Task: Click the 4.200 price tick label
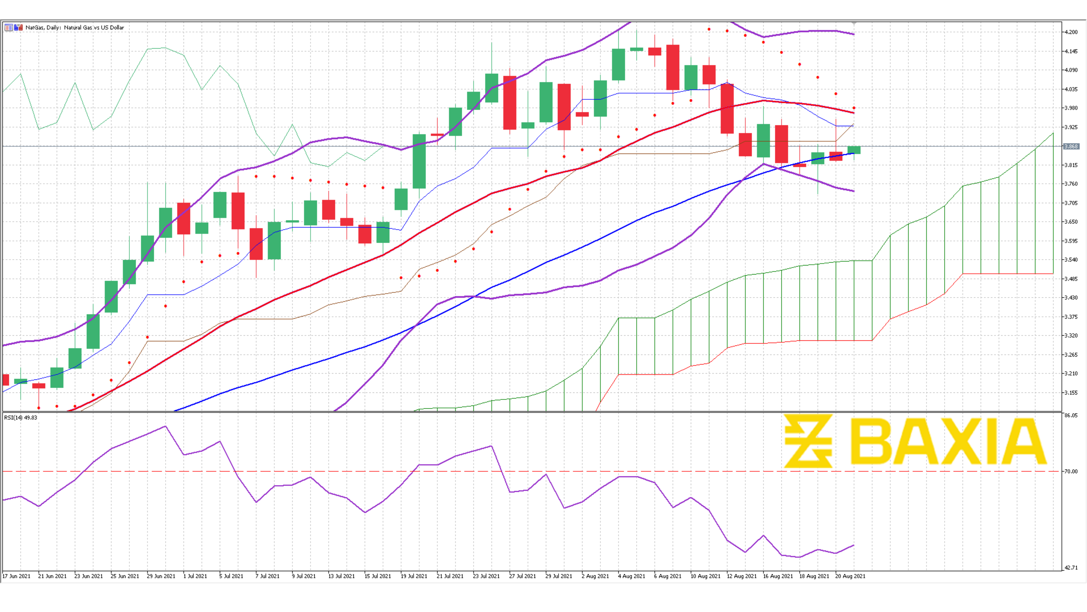click(x=1071, y=32)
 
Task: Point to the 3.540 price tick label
click(x=1071, y=260)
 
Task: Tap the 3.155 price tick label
click(x=1071, y=393)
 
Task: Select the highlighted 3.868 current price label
click(x=1071, y=146)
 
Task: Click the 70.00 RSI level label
click(x=1071, y=472)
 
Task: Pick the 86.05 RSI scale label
click(x=1071, y=416)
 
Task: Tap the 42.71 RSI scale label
click(x=1071, y=568)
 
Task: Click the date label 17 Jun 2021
click(x=16, y=576)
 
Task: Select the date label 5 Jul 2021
click(x=231, y=576)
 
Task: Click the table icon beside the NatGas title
click(x=8, y=27)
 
